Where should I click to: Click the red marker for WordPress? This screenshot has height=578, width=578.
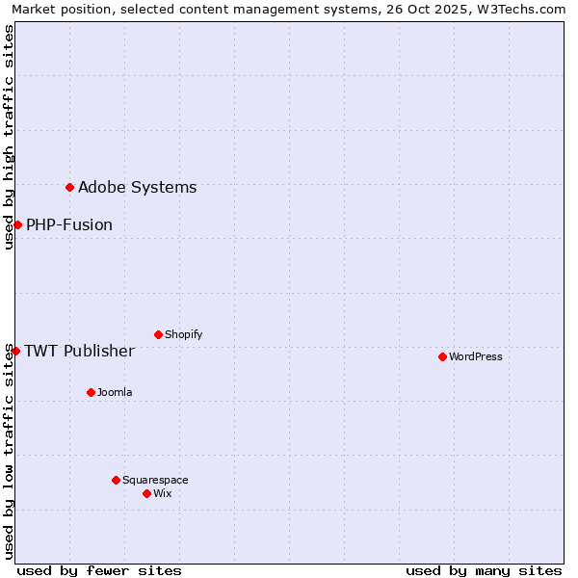pos(442,356)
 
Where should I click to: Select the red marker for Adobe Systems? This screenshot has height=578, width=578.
pos(69,187)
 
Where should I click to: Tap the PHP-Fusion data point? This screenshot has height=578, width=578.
pos(17,224)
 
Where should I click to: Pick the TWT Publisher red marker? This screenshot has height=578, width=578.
pos(15,351)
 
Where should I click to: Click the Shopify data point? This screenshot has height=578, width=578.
pos(158,334)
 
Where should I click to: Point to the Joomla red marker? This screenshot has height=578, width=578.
pos(91,392)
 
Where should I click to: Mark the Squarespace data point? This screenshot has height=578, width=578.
pos(116,480)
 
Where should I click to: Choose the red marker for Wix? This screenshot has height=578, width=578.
pos(146,493)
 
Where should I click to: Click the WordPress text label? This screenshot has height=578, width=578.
pos(476,356)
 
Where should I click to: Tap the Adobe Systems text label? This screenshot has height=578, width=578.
pos(137,187)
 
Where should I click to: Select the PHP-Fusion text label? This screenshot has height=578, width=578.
pos(69,224)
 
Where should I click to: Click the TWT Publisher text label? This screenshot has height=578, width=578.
pos(79,351)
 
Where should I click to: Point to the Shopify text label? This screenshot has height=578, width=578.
pos(183,334)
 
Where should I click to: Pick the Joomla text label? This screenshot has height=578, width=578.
pos(115,392)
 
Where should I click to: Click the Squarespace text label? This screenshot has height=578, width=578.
pos(155,480)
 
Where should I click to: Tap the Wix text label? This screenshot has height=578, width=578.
pos(162,493)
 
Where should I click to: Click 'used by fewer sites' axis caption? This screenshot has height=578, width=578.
pos(99,570)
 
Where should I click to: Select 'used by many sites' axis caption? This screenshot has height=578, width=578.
pos(484,570)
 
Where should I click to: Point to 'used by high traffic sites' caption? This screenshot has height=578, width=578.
pos(9,137)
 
